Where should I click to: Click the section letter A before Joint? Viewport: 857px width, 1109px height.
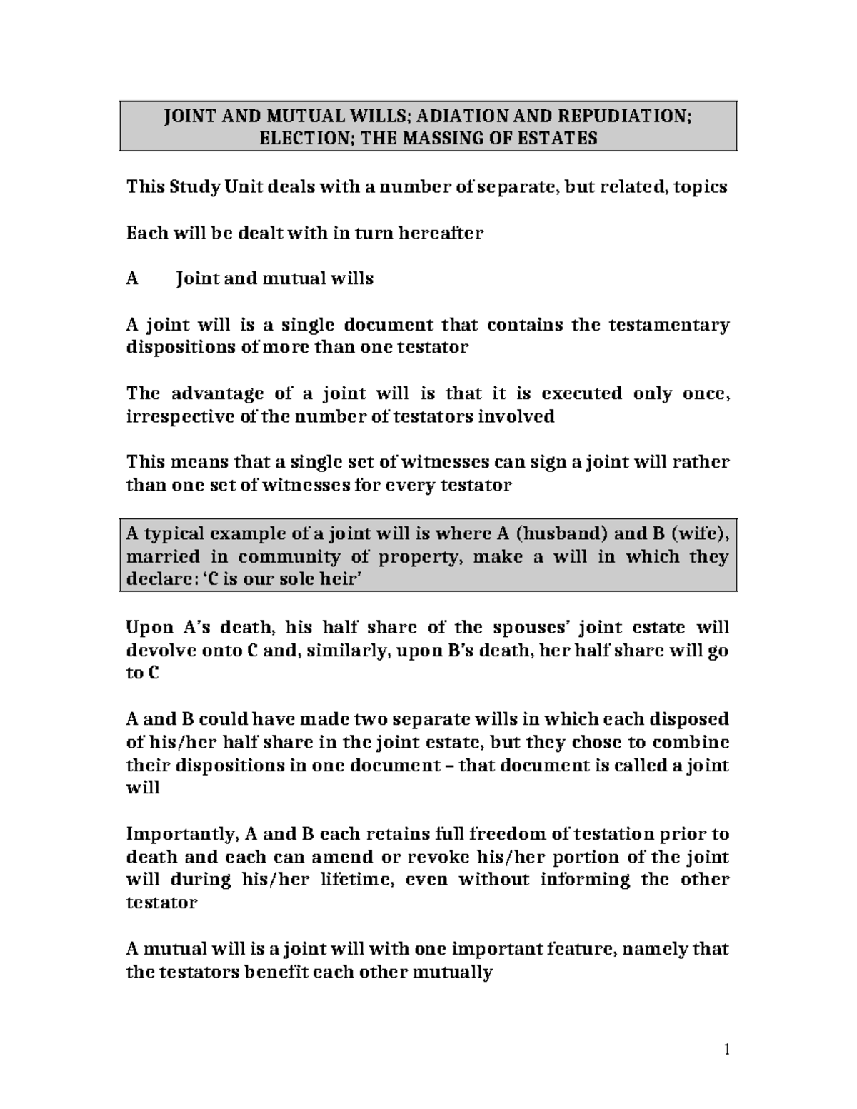tap(131, 278)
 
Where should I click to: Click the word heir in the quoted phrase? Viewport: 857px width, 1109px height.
tap(337, 579)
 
